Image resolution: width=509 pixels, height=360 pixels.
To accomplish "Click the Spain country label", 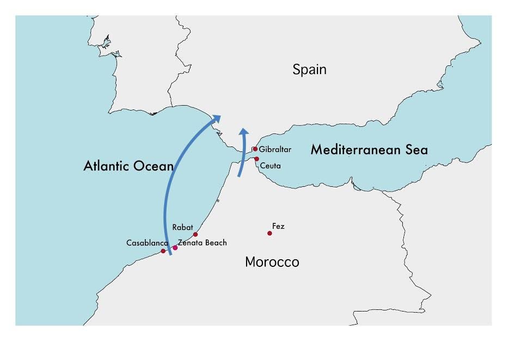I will (309, 70).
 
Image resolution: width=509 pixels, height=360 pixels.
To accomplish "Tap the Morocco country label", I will (272, 262).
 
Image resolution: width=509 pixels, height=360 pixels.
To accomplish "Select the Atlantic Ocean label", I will (128, 166).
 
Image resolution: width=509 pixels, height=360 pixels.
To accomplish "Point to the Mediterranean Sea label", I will (369, 150).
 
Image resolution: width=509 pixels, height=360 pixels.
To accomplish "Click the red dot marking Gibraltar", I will (255, 149).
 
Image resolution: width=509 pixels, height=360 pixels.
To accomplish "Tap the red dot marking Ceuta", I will (256, 159).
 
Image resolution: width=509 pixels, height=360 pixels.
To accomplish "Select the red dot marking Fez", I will (269, 233).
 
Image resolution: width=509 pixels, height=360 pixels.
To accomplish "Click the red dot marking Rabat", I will (195, 235).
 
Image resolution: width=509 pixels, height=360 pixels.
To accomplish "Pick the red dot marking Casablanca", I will (163, 251).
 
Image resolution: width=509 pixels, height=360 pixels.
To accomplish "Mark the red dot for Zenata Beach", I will (175, 248).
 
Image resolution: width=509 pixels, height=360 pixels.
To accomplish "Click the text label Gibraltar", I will (275, 149).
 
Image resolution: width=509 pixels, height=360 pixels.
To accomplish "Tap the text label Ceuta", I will (271, 166).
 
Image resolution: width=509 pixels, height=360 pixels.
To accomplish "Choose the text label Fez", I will (278, 226).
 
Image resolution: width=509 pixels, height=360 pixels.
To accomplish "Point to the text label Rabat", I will (182, 227).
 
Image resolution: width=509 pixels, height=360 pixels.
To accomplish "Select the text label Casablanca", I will (147, 243).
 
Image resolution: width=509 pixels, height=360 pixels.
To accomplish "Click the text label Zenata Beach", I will (203, 243).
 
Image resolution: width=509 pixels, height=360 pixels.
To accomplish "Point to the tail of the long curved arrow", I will (170, 253).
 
